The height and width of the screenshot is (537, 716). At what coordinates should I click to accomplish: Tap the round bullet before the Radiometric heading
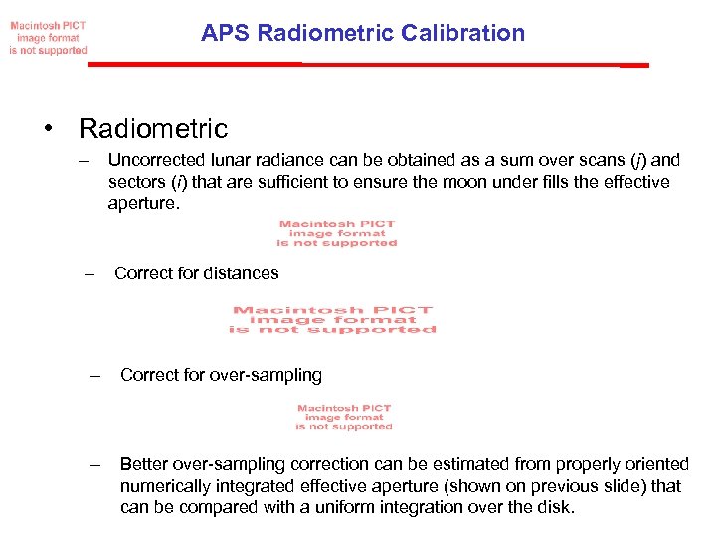click(x=47, y=129)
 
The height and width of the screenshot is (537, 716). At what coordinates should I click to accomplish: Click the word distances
click(x=241, y=273)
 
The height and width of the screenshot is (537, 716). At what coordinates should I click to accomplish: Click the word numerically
click(x=166, y=486)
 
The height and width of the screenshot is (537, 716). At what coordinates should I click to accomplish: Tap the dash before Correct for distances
click(x=89, y=273)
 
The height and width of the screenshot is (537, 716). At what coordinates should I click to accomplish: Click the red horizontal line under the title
click(x=368, y=64)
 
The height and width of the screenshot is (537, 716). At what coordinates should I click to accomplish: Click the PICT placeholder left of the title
click(x=49, y=37)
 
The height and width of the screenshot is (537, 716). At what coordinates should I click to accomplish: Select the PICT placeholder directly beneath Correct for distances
click(x=332, y=320)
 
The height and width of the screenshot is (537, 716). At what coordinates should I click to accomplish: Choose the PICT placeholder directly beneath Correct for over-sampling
click(x=344, y=417)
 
